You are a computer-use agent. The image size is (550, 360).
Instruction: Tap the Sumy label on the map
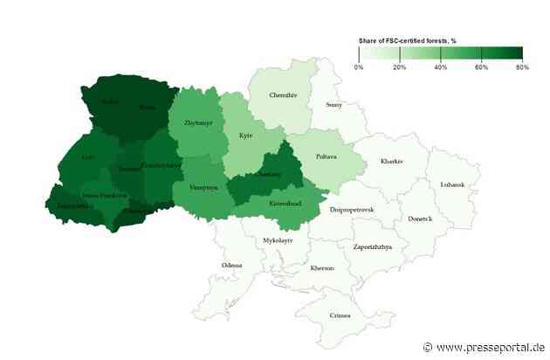point(333,105)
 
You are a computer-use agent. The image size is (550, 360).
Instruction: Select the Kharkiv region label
point(393,161)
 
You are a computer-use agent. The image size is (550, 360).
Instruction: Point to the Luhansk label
point(452,184)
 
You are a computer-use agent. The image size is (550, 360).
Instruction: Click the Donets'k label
point(420,218)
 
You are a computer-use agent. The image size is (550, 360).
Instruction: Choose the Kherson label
point(322,268)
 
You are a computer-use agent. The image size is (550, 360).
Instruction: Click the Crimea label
point(339,315)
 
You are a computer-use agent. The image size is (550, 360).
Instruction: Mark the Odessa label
point(232,265)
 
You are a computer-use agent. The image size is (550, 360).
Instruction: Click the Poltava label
point(325,156)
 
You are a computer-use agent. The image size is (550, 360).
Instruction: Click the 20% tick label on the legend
point(399,66)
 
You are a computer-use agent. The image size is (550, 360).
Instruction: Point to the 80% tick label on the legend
point(520,66)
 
